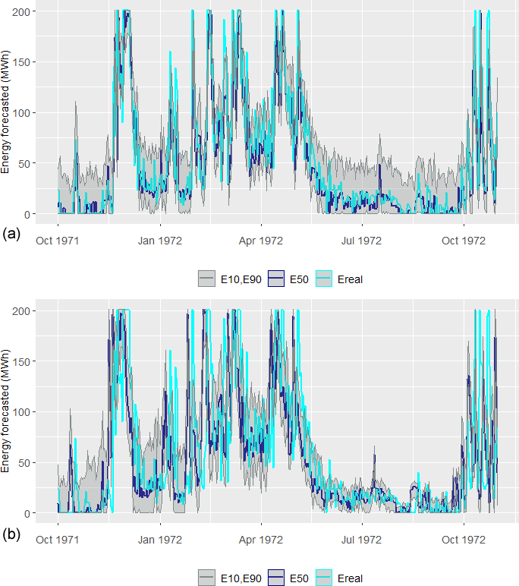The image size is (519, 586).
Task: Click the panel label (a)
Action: click(x=11, y=234)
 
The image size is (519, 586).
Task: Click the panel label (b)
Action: click(x=11, y=534)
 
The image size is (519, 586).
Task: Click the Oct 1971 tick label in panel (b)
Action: click(x=58, y=540)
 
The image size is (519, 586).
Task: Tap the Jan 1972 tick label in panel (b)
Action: click(x=159, y=540)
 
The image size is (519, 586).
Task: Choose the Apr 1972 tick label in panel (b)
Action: click(x=261, y=540)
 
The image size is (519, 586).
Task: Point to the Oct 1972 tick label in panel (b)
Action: click(x=463, y=540)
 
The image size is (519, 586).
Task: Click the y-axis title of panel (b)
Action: click(x=7, y=411)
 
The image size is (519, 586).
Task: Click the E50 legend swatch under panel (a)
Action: click(x=276, y=279)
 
